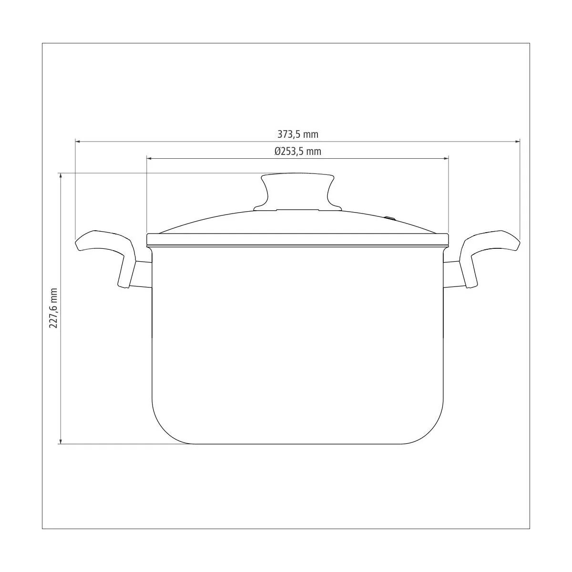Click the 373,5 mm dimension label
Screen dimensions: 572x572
298,134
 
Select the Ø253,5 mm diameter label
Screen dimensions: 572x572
298,152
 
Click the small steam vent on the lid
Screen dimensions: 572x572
390,219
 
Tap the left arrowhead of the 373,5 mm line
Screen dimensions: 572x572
78,142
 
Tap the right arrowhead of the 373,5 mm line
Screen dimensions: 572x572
517,142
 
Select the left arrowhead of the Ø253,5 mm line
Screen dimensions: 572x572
150,159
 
